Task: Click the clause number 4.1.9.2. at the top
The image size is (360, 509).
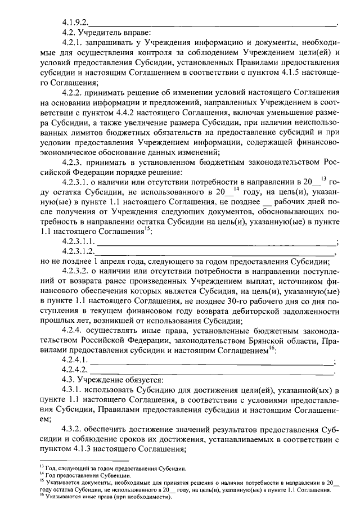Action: click(x=76, y=24)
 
